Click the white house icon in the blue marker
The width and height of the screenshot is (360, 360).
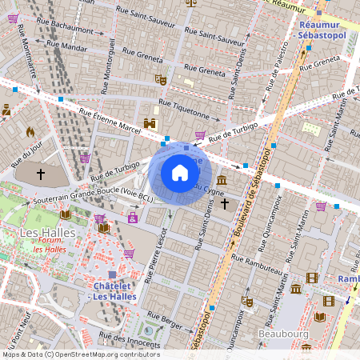coord(180,173)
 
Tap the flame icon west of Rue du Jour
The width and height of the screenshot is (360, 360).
coord(30,131)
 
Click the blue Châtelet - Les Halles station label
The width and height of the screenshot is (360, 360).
coord(111,291)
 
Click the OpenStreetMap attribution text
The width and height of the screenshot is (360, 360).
coord(80,354)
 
